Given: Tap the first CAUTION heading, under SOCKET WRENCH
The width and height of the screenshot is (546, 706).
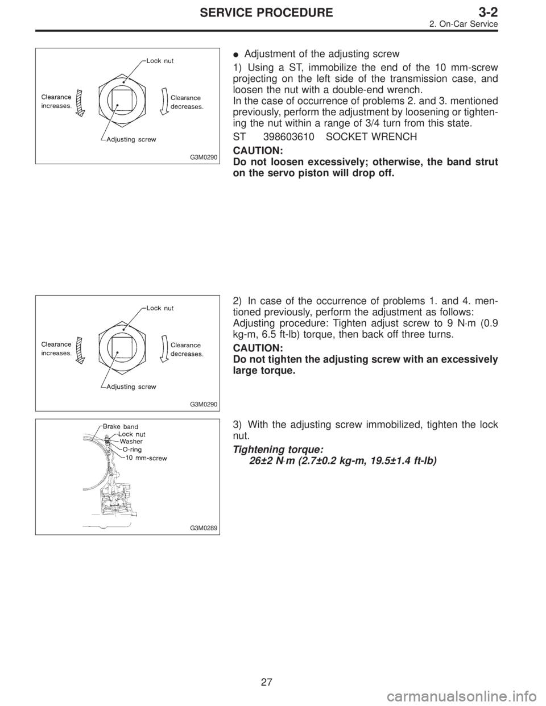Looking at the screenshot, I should coord(254,151).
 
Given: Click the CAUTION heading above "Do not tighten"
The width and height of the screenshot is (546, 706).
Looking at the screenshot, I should coord(254,347).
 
